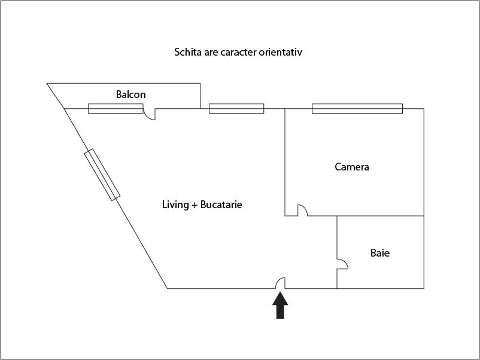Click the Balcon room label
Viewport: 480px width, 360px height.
(x=130, y=94)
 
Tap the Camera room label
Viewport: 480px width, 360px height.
(x=352, y=167)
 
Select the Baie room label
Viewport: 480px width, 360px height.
(x=380, y=253)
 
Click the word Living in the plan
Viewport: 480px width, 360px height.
(x=175, y=205)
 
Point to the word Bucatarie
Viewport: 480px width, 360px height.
(x=221, y=205)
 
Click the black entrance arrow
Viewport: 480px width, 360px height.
(x=280, y=305)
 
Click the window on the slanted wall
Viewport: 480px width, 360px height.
(x=102, y=175)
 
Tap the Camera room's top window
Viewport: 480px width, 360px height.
(x=357, y=109)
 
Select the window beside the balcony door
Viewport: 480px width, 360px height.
(x=116, y=109)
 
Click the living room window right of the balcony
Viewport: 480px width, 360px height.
(x=236, y=109)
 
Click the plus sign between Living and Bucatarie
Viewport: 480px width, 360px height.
(x=195, y=205)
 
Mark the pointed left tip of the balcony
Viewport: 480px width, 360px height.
(x=47, y=83)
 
